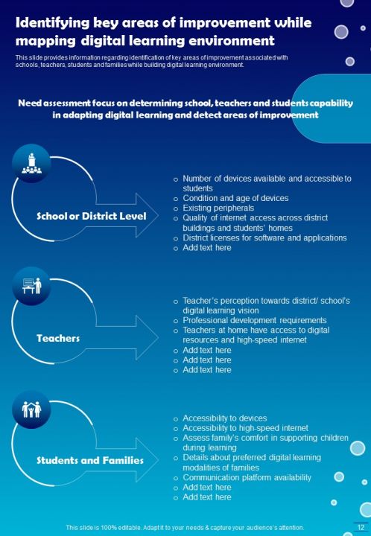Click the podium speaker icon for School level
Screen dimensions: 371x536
[31, 164]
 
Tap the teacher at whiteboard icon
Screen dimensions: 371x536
[31, 286]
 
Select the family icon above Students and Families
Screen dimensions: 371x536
[31, 409]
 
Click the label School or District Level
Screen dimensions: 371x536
[92, 217]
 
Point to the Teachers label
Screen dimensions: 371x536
[58, 338]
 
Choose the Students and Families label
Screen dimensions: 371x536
[90, 460]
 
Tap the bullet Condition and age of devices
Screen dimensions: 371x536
[235, 198]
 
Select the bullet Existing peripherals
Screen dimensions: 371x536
[218, 208]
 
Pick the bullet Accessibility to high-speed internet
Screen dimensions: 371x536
[245, 428]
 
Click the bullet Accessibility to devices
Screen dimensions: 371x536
[224, 418]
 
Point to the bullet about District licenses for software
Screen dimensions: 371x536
[264, 237]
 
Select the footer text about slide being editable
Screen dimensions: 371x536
[185, 527]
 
